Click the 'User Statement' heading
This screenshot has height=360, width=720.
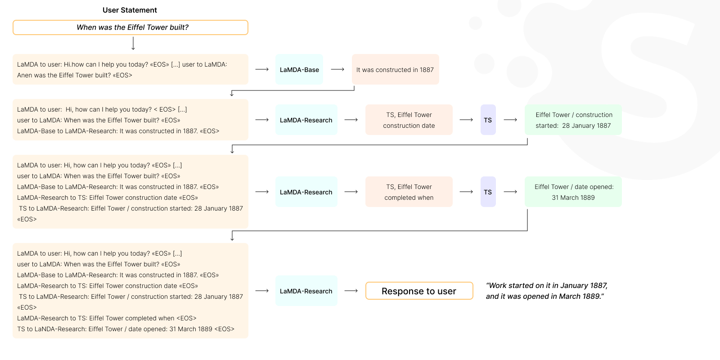pyautogui.click(x=130, y=10)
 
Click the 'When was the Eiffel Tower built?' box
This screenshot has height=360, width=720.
pyautogui.click(x=130, y=27)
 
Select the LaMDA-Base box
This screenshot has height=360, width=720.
pyautogui.click(x=299, y=69)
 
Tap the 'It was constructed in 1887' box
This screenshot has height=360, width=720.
pyautogui.click(x=395, y=69)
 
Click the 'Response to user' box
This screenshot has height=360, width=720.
pyautogui.click(x=419, y=291)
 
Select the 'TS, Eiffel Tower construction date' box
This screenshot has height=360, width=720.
pyautogui.click(x=409, y=120)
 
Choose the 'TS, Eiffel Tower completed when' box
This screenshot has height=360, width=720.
pyautogui.click(x=409, y=192)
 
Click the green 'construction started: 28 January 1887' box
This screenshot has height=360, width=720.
pyautogui.click(x=573, y=120)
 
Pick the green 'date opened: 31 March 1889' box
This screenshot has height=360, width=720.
pyautogui.click(x=573, y=192)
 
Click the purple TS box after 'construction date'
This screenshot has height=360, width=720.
pyautogui.click(x=488, y=120)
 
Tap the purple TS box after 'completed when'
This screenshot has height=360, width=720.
pyautogui.click(x=488, y=192)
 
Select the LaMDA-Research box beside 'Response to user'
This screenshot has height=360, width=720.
pyautogui.click(x=306, y=291)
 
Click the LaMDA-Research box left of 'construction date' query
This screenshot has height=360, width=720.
pyautogui.click(x=306, y=120)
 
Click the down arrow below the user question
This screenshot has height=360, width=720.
pyautogui.click(x=133, y=44)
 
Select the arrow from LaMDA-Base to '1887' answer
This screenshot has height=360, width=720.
pyautogui.click(x=337, y=69)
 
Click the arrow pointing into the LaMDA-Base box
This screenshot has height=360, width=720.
pyautogui.click(x=262, y=69)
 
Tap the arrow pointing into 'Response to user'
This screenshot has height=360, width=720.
pyautogui.click(x=351, y=291)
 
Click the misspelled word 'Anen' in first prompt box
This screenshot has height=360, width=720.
pyautogui.click(x=24, y=75)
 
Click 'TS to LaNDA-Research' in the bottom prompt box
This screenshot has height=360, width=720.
pyautogui.click(x=51, y=329)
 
